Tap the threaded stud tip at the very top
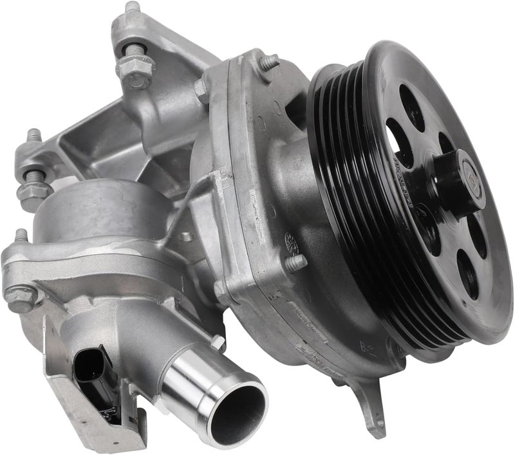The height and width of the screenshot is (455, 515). [133, 8]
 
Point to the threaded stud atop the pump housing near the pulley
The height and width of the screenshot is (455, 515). [269, 62]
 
